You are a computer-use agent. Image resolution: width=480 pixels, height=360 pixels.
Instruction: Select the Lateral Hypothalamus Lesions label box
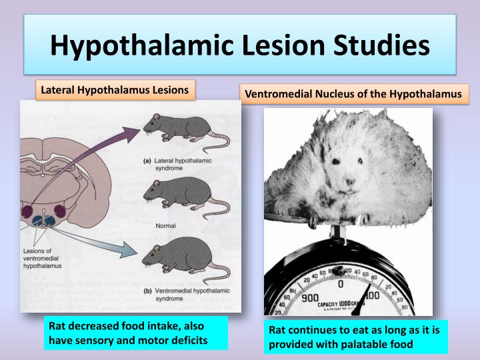[x=115, y=89]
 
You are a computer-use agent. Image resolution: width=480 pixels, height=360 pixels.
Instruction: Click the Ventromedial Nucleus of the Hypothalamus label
[x=353, y=94]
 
